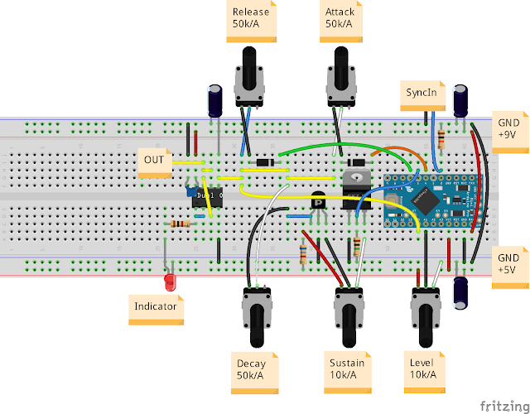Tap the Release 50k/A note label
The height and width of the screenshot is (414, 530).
pos(251,18)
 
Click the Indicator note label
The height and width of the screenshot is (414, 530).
pos(157,307)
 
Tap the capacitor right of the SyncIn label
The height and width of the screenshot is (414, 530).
pos(461,99)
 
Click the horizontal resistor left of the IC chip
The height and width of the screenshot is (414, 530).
pos(180,224)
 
